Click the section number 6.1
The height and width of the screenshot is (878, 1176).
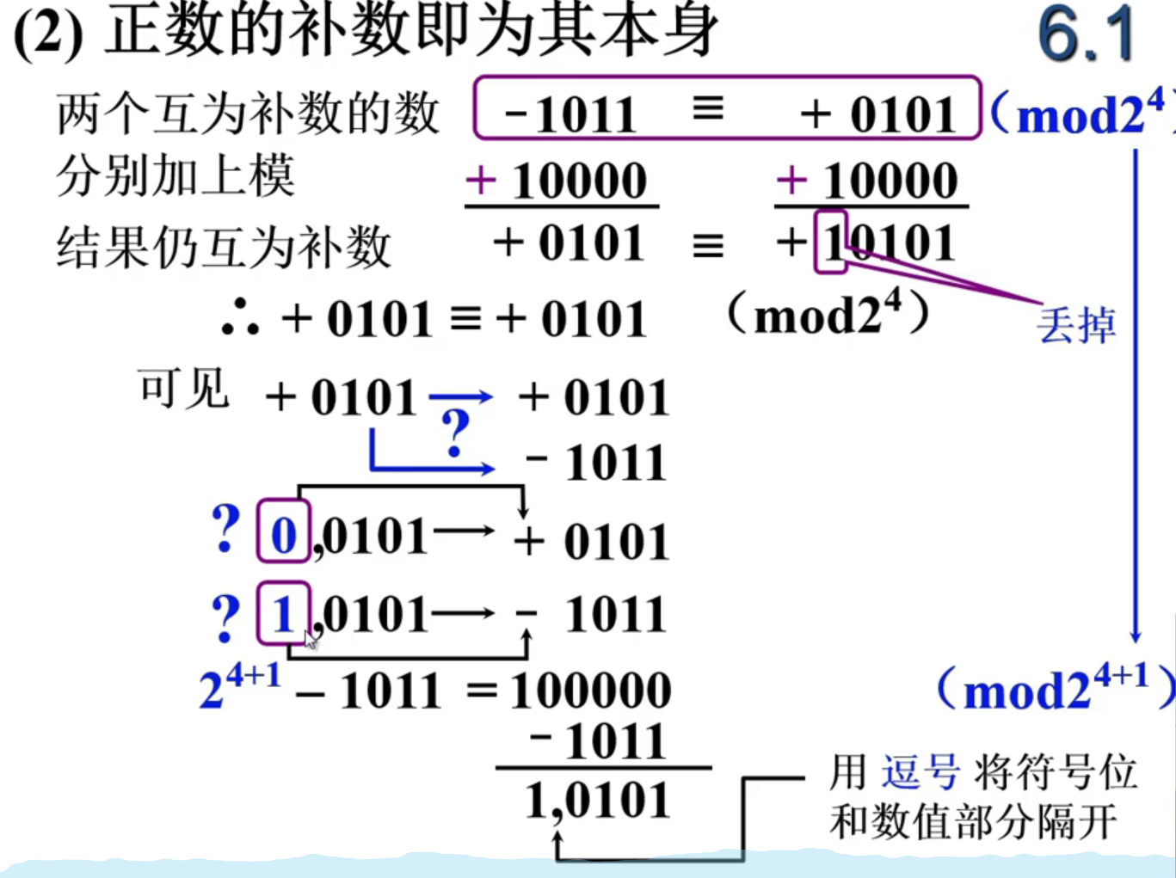pyautogui.click(x=1087, y=36)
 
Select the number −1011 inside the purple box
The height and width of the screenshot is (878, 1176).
pyautogui.click(x=570, y=114)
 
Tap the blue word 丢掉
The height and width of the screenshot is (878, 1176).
pyautogui.click(x=1076, y=326)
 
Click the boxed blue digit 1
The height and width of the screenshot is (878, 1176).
pyautogui.click(x=283, y=614)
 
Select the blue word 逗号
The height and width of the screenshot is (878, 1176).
pyautogui.click(x=920, y=771)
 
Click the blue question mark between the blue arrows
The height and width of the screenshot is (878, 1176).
pyautogui.click(x=455, y=433)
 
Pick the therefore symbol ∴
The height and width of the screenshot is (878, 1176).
pyautogui.click(x=240, y=317)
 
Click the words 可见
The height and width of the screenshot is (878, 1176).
pyautogui.click(x=183, y=390)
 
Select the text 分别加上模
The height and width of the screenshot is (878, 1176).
pyautogui.click(x=175, y=176)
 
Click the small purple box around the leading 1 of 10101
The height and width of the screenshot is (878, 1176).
pyautogui.click(x=830, y=243)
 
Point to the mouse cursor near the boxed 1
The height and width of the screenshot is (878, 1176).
pyautogui.click(x=311, y=639)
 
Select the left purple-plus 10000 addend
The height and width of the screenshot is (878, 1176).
pyautogui.click(x=557, y=181)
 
